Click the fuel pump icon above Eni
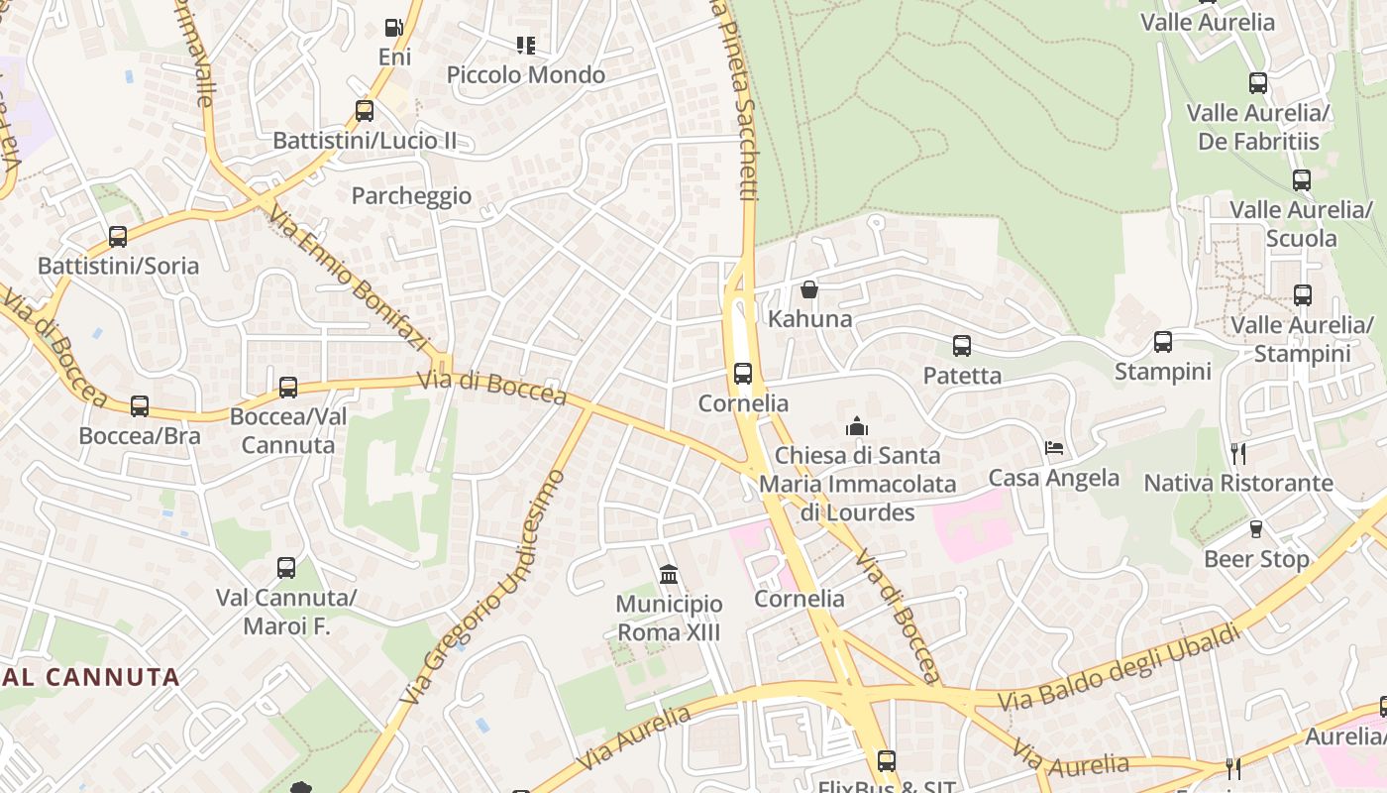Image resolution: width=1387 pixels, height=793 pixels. point(394,28)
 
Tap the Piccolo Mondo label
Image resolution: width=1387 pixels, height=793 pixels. point(526,75)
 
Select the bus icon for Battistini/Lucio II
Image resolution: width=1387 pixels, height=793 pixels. point(365,111)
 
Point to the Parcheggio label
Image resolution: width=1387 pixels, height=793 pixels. point(411,196)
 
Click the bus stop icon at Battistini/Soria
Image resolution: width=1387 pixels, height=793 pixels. point(118,237)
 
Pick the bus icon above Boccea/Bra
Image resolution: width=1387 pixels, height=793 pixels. point(140,406)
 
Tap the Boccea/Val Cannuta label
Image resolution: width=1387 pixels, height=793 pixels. point(288,430)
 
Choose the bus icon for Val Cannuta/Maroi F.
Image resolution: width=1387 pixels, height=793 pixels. point(286,568)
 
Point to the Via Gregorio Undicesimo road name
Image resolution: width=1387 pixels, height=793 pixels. point(484,587)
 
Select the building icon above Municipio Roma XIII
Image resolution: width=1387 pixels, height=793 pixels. point(669,575)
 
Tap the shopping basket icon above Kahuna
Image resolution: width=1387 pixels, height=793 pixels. point(809,289)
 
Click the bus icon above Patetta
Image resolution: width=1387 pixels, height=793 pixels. point(962,346)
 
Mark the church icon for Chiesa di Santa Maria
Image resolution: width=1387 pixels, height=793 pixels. point(857,427)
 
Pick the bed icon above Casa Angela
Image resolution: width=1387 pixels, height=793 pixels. point(1054,449)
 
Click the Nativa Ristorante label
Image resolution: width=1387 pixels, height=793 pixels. point(1238,484)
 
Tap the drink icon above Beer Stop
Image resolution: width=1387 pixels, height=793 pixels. point(1256,530)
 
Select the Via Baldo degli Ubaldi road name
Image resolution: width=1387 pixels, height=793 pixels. point(1120,666)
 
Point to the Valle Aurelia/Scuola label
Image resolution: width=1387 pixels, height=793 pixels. point(1301,224)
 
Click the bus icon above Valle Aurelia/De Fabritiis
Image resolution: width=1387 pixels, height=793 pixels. point(1258,83)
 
